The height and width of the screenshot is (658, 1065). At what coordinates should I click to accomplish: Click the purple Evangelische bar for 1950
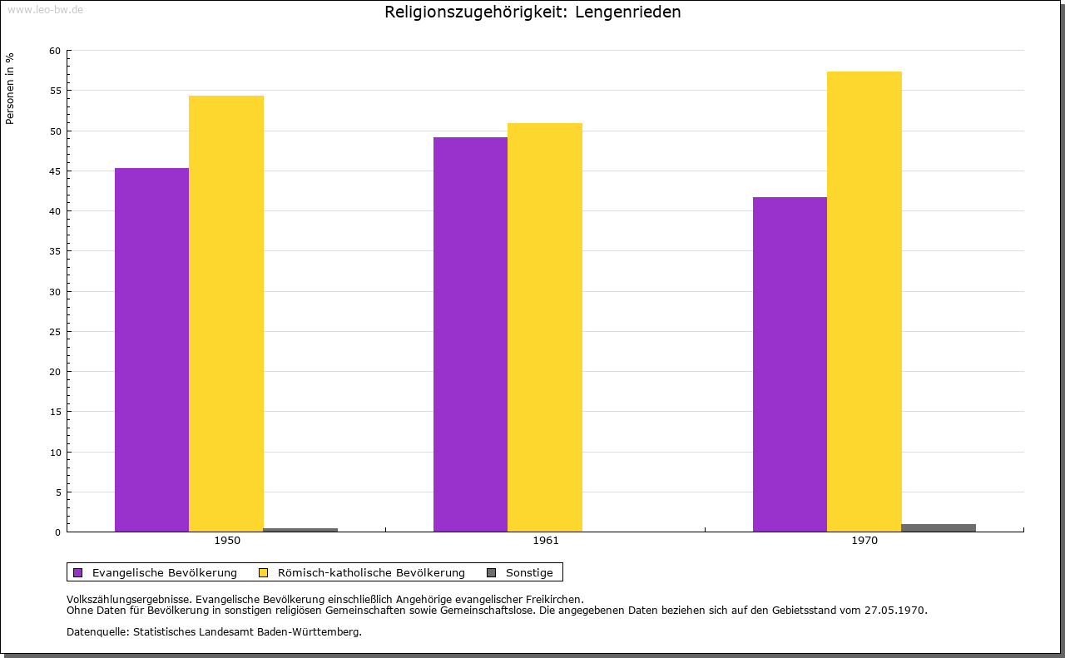(151, 349)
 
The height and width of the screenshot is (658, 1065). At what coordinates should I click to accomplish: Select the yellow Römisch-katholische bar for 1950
(226, 314)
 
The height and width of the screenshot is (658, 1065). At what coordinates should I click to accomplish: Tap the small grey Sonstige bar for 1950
(300, 530)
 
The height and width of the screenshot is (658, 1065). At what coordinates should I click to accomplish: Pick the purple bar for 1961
(470, 334)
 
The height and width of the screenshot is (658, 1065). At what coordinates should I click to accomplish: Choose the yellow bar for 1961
(545, 327)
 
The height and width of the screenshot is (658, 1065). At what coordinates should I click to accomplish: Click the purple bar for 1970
(790, 364)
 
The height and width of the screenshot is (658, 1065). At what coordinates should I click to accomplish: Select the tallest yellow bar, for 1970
(864, 301)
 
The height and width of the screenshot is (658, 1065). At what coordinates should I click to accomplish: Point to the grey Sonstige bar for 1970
(939, 527)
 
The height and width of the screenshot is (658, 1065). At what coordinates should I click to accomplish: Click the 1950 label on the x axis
(227, 541)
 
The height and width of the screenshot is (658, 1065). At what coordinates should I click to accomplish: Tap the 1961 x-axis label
(546, 541)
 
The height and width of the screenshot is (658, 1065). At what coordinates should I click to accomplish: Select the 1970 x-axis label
(864, 541)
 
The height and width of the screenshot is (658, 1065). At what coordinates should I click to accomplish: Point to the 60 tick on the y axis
(55, 51)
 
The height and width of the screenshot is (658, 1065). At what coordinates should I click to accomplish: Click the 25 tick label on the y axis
(55, 332)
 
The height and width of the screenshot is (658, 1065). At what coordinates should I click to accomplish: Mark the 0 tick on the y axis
(58, 532)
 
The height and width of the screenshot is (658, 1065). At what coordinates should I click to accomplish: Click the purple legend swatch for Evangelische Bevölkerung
(78, 572)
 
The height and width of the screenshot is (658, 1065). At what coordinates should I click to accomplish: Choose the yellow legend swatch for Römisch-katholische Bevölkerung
(264, 572)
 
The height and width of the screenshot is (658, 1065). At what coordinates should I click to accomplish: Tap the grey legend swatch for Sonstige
(491, 572)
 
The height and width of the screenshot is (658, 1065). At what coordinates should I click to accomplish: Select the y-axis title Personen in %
(10, 88)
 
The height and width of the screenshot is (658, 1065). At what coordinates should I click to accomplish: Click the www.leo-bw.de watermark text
(45, 8)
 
